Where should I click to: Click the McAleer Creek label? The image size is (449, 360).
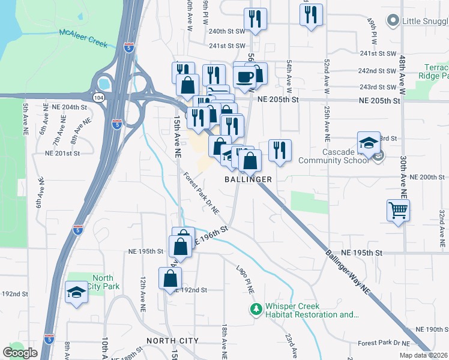(x=83, y=38)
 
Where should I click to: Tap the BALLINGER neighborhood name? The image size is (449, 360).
(x=249, y=179)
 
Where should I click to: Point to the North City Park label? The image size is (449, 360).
(x=103, y=281)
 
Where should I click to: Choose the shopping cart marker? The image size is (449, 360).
(x=398, y=211)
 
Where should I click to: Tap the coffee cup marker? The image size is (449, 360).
(x=245, y=77)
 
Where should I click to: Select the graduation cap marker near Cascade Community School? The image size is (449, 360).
(x=369, y=143)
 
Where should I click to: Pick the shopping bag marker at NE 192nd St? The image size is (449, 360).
(x=170, y=278)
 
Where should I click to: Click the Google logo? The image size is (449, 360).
(x=20, y=353)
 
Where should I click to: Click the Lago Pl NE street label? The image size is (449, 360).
(x=246, y=280)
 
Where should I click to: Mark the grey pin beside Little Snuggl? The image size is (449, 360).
(x=393, y=21)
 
